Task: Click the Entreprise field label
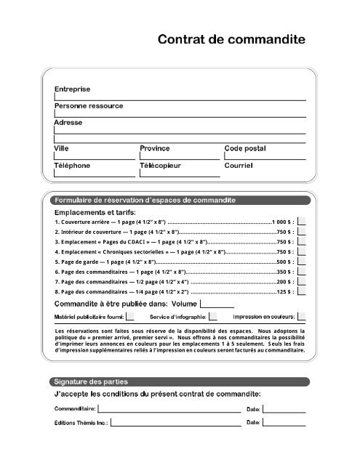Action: [73, 89]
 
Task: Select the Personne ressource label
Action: [89, 106]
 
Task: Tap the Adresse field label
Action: [68, 123]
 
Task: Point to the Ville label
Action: [62, 148]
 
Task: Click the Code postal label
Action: [245, 148]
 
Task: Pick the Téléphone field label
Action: [73, 166]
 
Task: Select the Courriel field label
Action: [239, 166]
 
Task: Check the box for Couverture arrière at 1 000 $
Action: [302, 221]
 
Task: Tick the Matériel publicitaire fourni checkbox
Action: [130, 317]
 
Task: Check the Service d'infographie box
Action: [213, 317]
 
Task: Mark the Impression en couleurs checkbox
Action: [302, 317]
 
